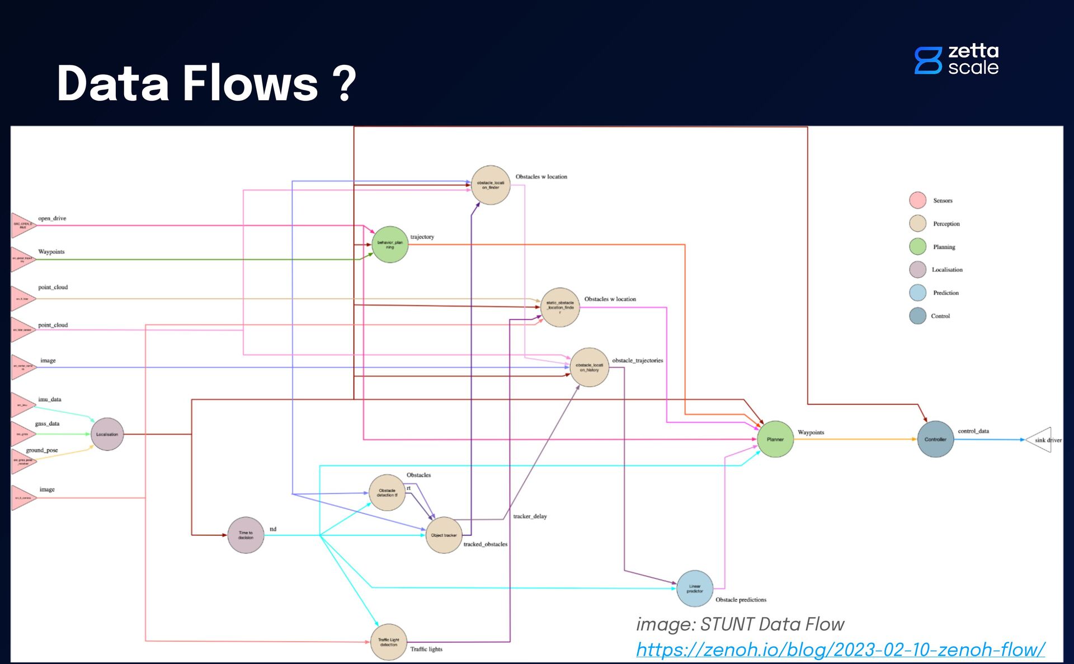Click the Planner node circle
[775, 439]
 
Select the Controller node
[935, 439]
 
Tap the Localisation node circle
[107, 434]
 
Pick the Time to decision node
[246, 535]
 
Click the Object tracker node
[444, 535]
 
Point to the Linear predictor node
[695, 588]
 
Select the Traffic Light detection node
[389, 642]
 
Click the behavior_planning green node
[390, 244]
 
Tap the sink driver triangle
[1041, 440]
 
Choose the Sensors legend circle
[917, 200]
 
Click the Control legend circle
[917, 316]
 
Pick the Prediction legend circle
[917, 293]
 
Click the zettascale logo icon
[928, 60]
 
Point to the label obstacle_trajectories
[637, 360]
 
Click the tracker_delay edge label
[530, 516]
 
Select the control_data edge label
[973, 431]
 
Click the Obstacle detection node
[387, 493]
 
